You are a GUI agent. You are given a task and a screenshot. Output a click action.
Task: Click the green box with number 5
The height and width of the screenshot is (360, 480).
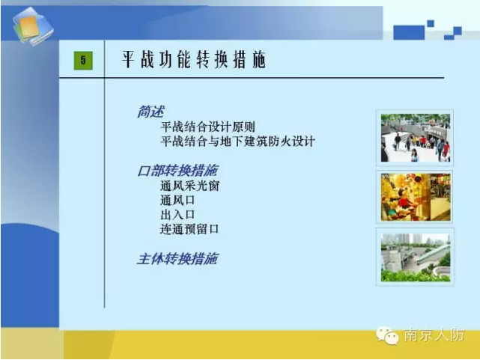coord(83,61)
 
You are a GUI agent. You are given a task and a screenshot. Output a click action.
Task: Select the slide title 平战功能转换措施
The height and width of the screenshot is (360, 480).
coord(194,59)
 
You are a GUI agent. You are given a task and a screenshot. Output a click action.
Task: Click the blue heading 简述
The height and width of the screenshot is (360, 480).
coord(151,112)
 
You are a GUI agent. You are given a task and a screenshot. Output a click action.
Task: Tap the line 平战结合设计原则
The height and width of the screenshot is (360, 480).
coord(207,126)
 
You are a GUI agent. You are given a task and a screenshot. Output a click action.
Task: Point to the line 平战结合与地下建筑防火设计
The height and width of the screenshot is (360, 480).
coord(237,141)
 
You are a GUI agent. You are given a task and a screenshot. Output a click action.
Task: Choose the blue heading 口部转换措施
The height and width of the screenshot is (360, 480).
coord(177,171)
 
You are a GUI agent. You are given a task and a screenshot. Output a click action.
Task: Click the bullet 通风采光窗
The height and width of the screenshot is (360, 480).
coord(189,186)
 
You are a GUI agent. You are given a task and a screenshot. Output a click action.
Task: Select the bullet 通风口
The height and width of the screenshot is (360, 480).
coord(177,201)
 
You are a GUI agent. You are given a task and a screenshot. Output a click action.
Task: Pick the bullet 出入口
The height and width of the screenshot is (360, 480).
coord(177,215)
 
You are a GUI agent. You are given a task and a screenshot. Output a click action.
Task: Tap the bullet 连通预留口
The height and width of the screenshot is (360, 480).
coord(189,229)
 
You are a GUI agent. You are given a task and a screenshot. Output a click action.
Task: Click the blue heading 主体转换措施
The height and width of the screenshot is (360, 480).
coord(177,259)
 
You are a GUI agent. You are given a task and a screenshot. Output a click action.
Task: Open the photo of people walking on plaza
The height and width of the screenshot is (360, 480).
coord(415,138)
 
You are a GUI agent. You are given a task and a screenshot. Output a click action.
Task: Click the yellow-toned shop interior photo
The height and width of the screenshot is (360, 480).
coord(416,197)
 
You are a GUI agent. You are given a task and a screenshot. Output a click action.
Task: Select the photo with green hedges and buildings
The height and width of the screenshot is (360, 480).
coord(416,257)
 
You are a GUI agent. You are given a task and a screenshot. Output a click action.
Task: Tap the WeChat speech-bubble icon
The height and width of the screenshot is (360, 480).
coord(387,335)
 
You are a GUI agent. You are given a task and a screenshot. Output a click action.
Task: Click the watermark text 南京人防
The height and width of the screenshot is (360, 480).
coord(434,335)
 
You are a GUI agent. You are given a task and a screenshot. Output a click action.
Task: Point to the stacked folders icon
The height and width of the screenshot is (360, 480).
coord(33,27)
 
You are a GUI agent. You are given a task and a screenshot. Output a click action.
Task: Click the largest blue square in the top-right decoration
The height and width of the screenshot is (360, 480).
coord(409,33)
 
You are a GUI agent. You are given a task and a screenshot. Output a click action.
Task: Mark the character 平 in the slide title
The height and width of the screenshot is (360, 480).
coord(128,59)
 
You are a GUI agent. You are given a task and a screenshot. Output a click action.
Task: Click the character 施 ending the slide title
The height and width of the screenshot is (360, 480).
coord(259,59)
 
